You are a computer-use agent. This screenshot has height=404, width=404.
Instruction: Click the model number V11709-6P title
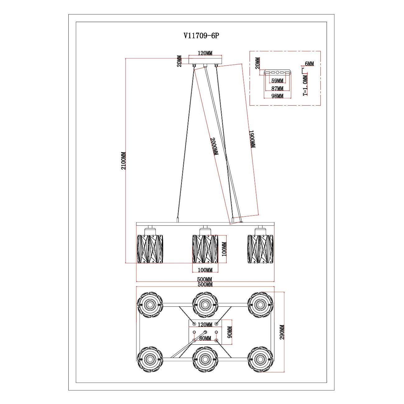(201, 36)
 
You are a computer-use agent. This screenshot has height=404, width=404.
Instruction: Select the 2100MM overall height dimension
(123, 160)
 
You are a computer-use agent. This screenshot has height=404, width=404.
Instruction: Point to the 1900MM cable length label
(252, 139)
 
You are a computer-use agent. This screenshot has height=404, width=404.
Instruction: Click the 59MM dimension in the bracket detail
(277, 81)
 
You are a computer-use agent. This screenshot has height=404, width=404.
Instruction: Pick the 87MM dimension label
(277, 89)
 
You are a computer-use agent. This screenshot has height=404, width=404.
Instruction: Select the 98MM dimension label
(277, 96)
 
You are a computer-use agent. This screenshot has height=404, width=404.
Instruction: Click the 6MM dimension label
(309, 64)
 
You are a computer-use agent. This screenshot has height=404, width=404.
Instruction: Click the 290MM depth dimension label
(282, 332)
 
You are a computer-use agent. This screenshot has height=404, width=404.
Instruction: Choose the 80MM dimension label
(205, 338)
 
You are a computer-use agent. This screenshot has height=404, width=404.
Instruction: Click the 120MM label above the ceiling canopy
(205, 53)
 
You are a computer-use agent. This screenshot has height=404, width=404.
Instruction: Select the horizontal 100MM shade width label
(205, 269)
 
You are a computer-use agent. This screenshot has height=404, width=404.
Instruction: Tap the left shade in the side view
(150, 249)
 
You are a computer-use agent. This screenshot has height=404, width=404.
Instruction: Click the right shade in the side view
(260, 249)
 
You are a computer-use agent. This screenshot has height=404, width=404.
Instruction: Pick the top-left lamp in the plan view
(150, 305)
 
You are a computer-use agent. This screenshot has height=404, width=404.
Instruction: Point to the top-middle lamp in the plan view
(205, 305)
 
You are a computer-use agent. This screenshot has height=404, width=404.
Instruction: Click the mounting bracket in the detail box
(277, 72)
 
